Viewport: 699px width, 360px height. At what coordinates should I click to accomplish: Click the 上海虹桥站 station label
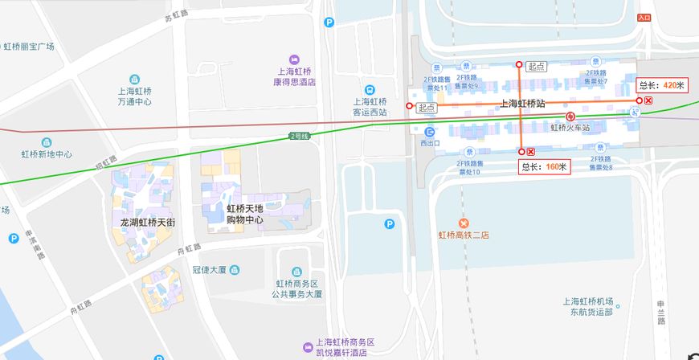522,104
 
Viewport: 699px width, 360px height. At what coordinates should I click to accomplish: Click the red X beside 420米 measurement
648,100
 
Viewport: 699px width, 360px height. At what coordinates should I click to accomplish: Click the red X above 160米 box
531,152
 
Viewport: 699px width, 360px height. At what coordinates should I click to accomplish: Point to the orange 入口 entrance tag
644,17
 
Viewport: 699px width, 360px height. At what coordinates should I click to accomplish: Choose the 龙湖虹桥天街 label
147,222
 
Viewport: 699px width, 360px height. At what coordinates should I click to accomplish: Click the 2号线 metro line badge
299,137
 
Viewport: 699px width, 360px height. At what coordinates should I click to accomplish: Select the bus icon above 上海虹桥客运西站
370,90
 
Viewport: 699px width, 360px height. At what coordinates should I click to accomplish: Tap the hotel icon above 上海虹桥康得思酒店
295,59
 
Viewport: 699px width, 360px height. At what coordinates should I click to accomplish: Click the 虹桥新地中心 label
47,153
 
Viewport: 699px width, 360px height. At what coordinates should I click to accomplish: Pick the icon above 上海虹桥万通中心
134,80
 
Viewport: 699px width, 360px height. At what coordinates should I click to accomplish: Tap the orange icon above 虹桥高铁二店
463,223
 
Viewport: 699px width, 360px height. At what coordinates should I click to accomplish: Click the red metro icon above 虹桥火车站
570,116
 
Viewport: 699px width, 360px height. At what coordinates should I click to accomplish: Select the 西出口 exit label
430,143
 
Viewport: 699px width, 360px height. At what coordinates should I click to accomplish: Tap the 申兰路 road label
662,314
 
